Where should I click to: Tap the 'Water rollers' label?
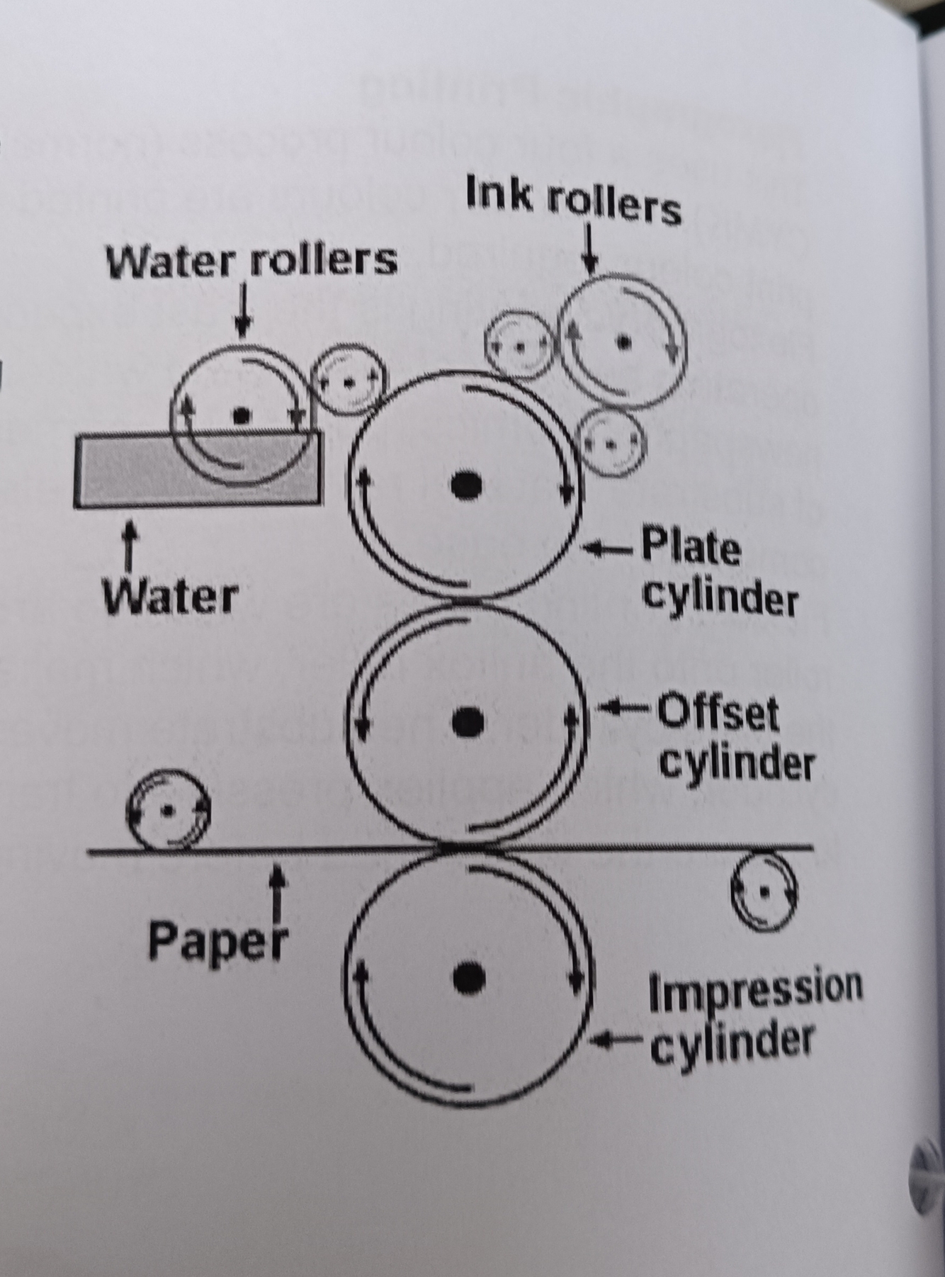click(x=251, y=261)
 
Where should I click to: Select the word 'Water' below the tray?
click(x=169, y=597)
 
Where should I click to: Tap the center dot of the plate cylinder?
click(x=467, y=484)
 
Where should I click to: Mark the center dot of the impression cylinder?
click(x=468, y=978)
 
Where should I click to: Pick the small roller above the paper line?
click(x=168, y=810)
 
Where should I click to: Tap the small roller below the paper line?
click(x=764, y=890)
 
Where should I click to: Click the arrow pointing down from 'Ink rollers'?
click(x=590, y=248)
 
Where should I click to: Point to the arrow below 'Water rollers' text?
click(x=243, y=310)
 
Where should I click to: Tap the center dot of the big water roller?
click(x=242, y=414)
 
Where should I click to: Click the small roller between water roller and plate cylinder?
click(x=349, y=381)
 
